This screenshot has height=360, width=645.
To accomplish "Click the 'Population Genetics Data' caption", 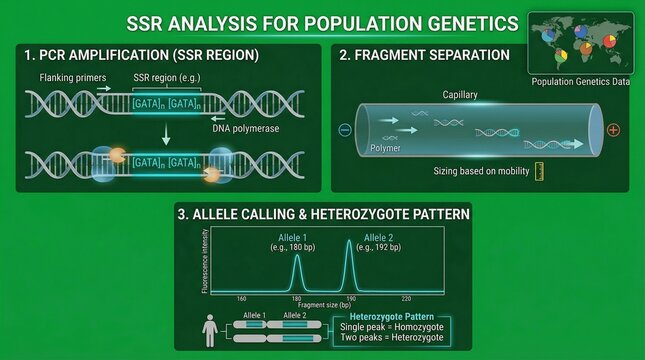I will click(580, 82).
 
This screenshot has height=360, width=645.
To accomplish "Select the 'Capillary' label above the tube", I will click(460, 94).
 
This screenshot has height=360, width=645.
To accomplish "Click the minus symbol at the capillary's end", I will click(345, 129).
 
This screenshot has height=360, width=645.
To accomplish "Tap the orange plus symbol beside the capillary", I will click(613, 130).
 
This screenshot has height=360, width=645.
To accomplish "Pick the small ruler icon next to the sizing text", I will click(539, 171).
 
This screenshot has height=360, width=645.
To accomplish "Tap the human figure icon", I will click(208, 331).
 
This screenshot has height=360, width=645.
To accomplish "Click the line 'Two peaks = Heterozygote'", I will click(389, 339).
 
